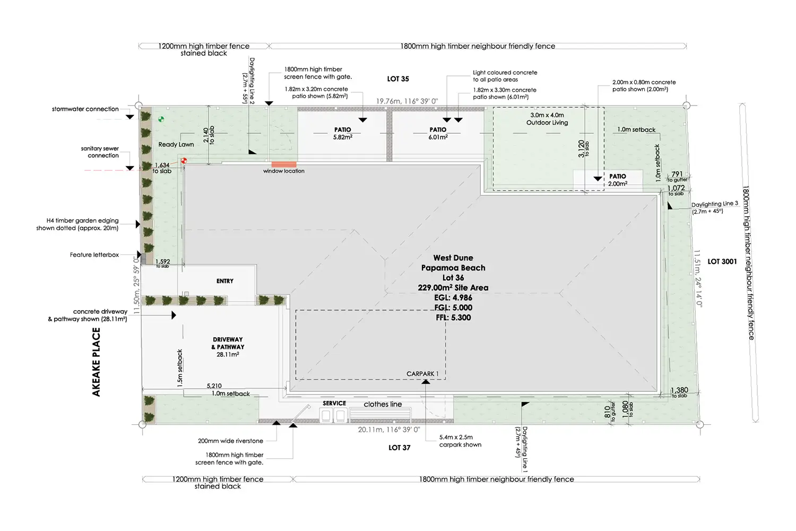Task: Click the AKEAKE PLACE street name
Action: coord(96,362)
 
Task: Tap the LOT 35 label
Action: coord(398,79)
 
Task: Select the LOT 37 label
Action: coord(399,448)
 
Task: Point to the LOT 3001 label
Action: coord(722,261)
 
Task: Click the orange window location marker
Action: coord(283,165)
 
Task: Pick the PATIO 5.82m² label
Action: coord(342,133)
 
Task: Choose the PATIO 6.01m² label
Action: coord(438,133)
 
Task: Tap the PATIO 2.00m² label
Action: coord(617,180)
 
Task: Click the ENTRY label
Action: coord(224,281)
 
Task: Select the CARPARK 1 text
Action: coord(422,374)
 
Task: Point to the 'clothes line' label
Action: coord(383,404)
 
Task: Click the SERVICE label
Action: coord(334,404)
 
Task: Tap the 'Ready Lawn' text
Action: coord(176,144)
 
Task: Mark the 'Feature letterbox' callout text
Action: coord(94,255)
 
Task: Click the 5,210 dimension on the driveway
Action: coord(214,386)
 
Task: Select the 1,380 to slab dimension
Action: coord(679,391)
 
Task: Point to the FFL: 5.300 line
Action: coord(453,318)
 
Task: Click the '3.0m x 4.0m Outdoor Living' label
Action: coord(547,119)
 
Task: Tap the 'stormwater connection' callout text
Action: coord(85,109)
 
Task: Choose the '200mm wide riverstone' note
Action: coord(230,441)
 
